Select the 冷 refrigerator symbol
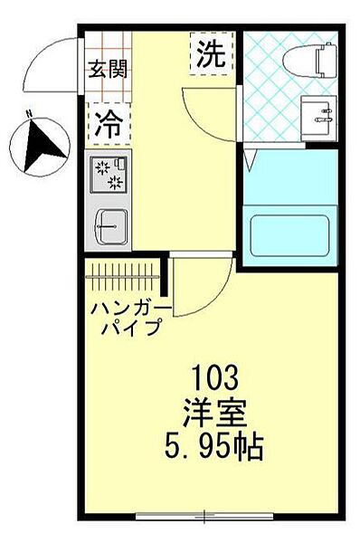pyautogui.click(x=107, y=125)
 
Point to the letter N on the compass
pyautogui.click(x=30, y=114)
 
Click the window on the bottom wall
pyautogui.click(x=204, y=517)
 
